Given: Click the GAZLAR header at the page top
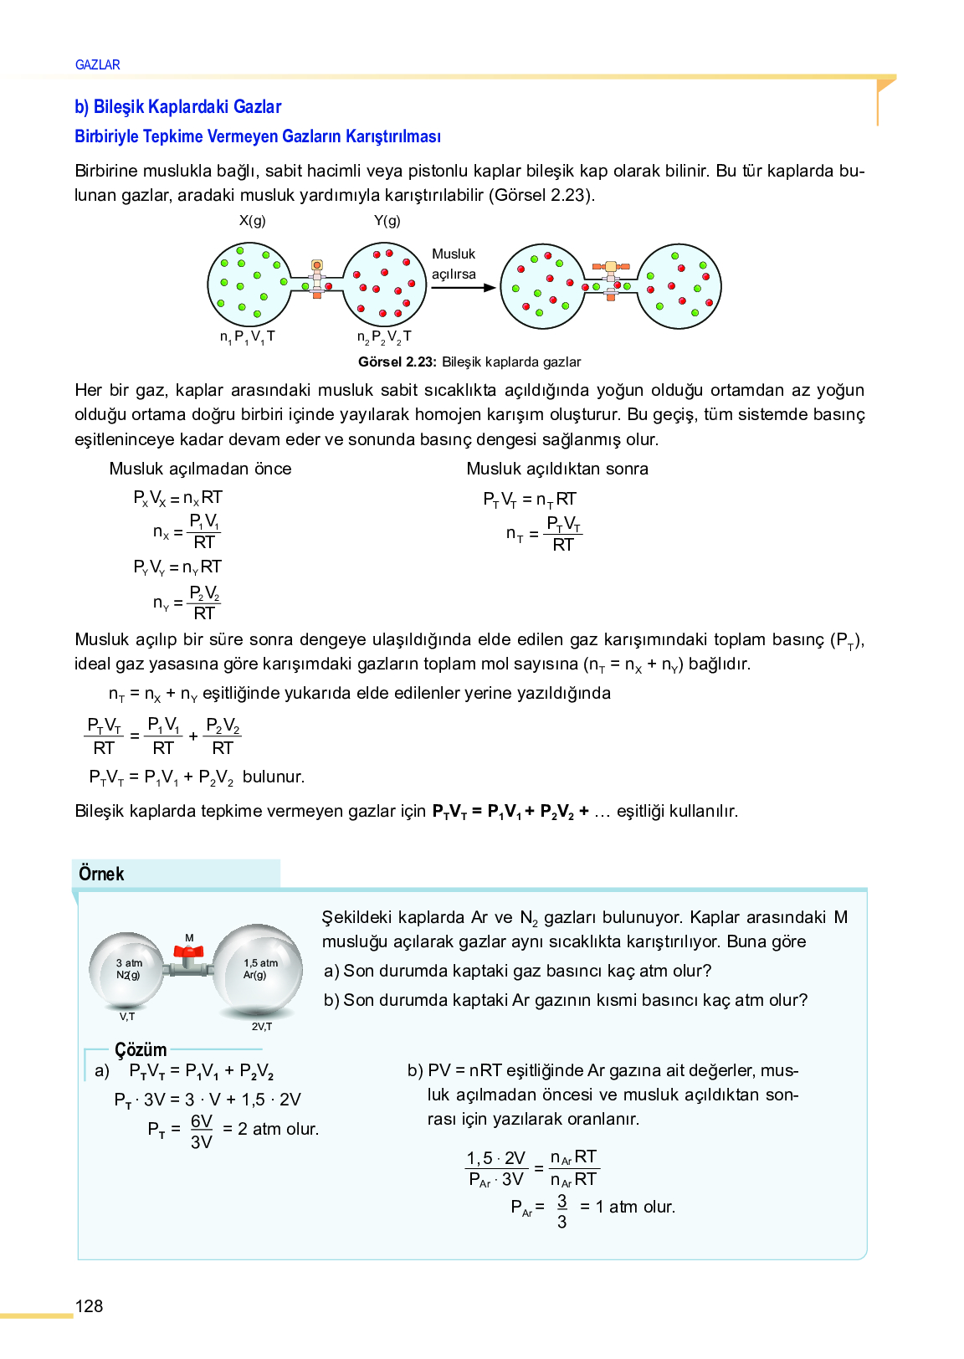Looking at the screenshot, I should pyautogui.click(x=97, y=64).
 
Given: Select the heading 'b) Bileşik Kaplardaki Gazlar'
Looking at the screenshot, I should pyautogui.click(x=177, y=106).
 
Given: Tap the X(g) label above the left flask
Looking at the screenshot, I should pyautogui.click(x=252, y=221).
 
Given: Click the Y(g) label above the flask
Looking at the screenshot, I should pyautogui.click(x=387, y=221).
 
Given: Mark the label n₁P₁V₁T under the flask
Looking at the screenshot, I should pyautogui.click(x=247, y=336).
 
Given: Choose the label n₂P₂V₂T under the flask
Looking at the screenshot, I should pyautogui.click(x=384, y=337).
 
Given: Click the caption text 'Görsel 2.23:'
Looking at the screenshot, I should pyautogui.click(x=397, y=362).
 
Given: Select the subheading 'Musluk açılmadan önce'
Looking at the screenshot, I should pyautogui.click(x=200, y=469).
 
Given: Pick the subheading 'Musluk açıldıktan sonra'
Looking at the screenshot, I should pyautogui.click(x=557, y=469).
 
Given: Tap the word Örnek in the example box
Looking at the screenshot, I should pyautogui.click(x=101, y=874).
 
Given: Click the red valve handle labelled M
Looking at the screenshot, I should pyautogui.click(x=188, y=951).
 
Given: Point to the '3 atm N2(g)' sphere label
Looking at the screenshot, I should pyautogui.click(x=128, y=969).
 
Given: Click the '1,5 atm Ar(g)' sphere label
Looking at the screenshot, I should pyautogui.click(x=260, y=969).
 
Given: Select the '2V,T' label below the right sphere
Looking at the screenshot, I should pyautogui.click(x=262, y=1026).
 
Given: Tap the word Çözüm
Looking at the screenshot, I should pyautogui.click(x=141, y=1049).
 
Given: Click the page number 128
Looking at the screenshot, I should pyautogui.click(x=89, y=1306).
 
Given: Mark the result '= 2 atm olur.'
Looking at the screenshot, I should pyautogui.click(x=270, y=1129).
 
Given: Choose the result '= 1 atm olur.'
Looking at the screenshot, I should pyautogui.click(x=628, y=1207).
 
